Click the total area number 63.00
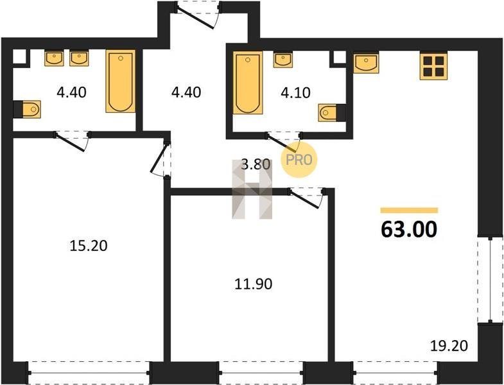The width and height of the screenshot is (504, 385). click(409, 229)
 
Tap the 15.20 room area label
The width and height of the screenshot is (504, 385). click(89, 246)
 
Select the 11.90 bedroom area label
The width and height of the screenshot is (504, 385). click(254, 284)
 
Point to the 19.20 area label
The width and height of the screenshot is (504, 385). click(449, 346)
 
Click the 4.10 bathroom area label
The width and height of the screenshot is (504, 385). click(295, 92)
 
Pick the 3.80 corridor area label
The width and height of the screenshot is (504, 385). click(256, 164)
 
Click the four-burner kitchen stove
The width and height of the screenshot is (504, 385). click(433, 66)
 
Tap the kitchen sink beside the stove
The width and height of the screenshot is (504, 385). click(366, 63)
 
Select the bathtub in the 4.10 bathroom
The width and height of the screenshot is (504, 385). click(247, 83)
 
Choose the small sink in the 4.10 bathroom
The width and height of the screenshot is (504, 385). click(283, 60)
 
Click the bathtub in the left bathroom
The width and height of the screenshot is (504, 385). click(121, 81)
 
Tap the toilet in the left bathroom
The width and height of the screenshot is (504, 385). click(27, 109)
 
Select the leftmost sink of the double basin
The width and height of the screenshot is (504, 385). click(55, 58)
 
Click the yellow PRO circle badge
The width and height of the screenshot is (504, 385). click(299, 160)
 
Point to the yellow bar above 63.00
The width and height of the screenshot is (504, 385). click(409, 210)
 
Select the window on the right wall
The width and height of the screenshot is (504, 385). click(490, 280)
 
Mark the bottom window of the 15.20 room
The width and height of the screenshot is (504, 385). click(89, 373)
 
